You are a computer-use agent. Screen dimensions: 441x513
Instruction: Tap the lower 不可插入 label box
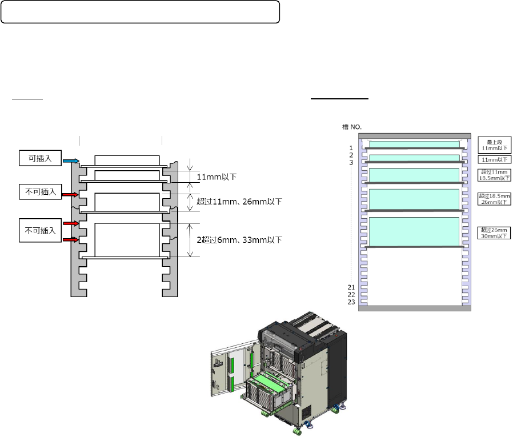41,231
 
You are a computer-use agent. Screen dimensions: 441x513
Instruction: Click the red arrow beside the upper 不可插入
70,195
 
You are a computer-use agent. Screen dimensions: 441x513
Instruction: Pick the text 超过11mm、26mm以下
239,202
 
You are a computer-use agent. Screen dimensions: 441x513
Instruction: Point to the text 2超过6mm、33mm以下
239,239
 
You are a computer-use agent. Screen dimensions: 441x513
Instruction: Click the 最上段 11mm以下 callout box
494,145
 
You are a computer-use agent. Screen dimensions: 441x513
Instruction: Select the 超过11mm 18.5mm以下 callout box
494,175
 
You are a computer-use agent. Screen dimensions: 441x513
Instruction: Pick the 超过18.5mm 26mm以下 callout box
494,199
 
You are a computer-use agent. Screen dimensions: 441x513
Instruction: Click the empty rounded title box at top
141,12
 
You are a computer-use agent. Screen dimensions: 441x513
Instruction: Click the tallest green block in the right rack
415,231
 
